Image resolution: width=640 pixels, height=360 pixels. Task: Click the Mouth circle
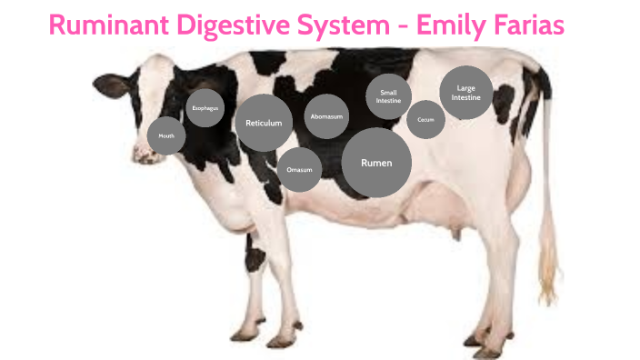pos(166,135)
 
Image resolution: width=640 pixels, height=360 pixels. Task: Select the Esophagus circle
pos(205,108)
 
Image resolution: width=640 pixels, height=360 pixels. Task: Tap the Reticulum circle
pos(264,123)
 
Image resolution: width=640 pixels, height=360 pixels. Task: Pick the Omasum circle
pos(299,170)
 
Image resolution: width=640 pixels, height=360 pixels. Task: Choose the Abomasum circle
pos(326,116)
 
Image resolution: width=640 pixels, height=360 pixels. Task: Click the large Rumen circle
pos(376,163)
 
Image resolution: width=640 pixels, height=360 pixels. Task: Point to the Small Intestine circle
pos(388,96)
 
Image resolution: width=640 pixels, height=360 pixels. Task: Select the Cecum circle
pos(425,119)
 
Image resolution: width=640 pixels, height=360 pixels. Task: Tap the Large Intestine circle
pos(466,92)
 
